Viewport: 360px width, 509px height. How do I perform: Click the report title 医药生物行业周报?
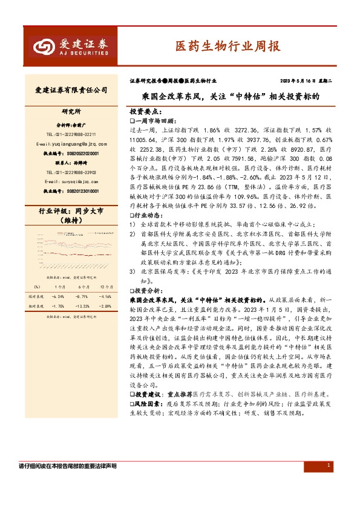(x=227, y=46)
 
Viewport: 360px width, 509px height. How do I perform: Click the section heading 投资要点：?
(x=146, y=112)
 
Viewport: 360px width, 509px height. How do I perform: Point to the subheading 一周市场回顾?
(x=154, y=120)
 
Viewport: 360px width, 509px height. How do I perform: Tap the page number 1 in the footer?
(x=329, y=465)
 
